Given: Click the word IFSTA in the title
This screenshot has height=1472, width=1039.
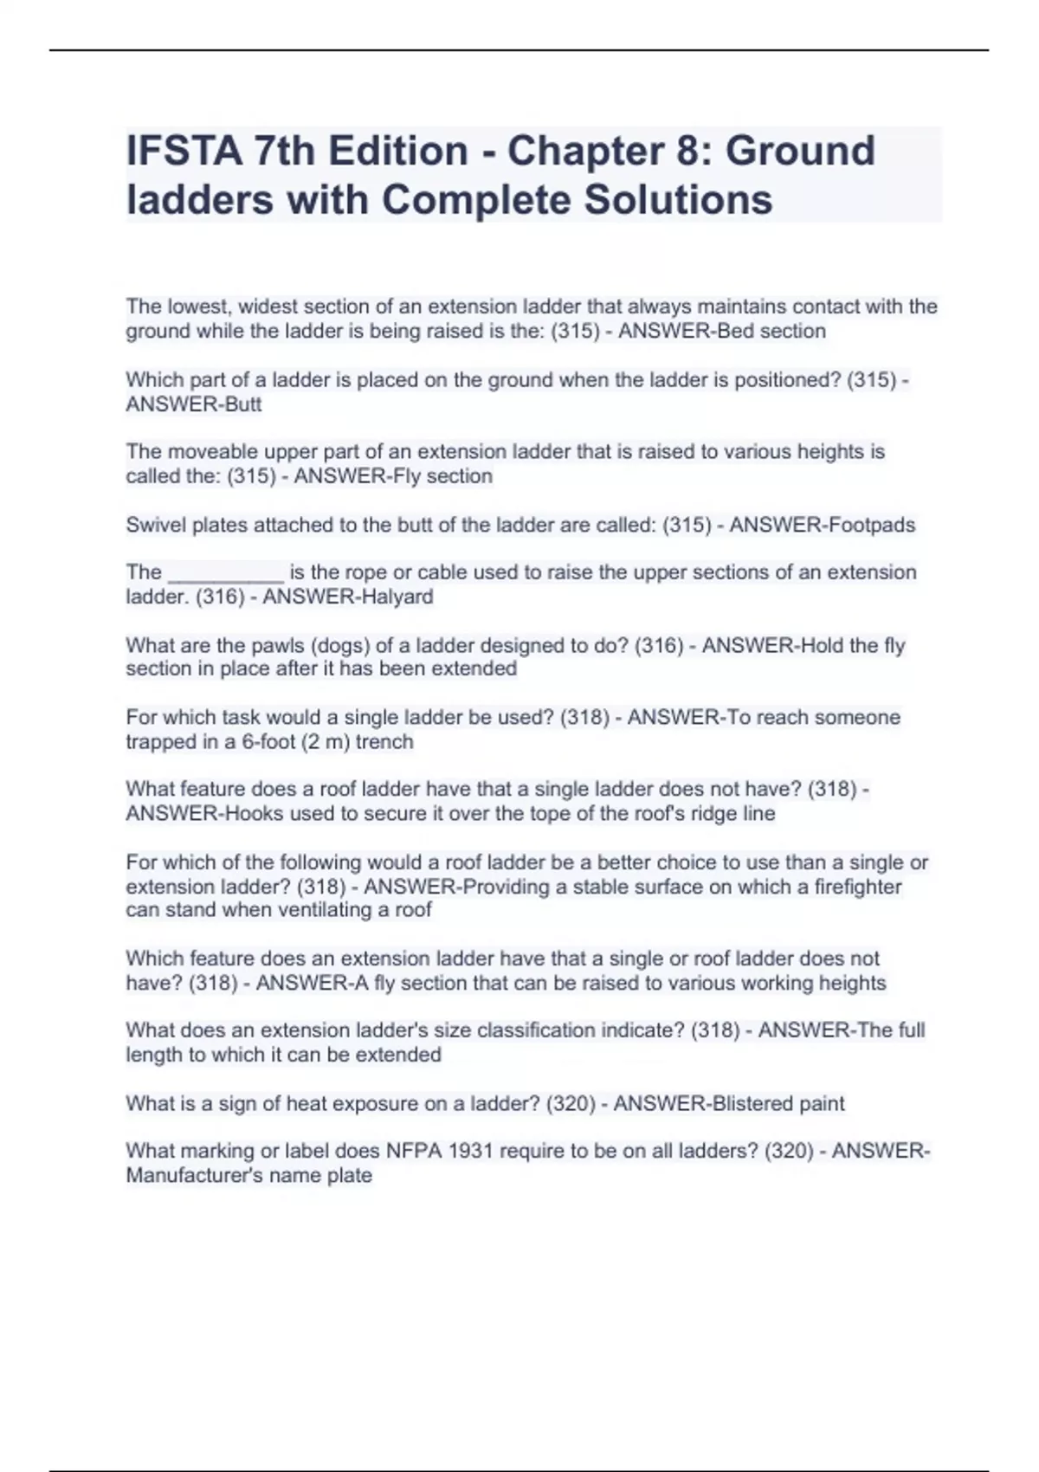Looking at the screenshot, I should click(x=184, y=151).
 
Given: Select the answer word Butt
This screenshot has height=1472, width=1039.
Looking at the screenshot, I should click(x=243, y=404).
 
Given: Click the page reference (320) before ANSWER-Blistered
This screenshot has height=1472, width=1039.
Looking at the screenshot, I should click(x=571, y=1103).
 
